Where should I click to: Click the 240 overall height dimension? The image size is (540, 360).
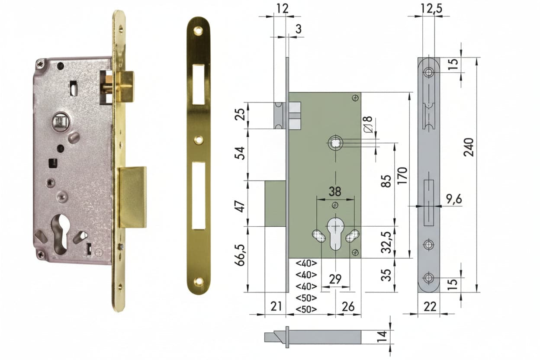pos(469,147)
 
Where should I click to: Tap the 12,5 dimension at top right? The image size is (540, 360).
pos(431,9)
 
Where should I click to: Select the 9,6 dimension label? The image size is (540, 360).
pos(454,199)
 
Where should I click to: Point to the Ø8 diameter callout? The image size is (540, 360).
pos(368,124)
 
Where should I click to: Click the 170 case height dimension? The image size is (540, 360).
pos(402,176)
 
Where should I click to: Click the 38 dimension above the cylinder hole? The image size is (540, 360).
pos(335,192)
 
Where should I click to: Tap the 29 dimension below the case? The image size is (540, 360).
pos(335,279)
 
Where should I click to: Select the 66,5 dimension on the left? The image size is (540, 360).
pos(240,255)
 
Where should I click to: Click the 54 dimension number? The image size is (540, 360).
pos(240,153)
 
